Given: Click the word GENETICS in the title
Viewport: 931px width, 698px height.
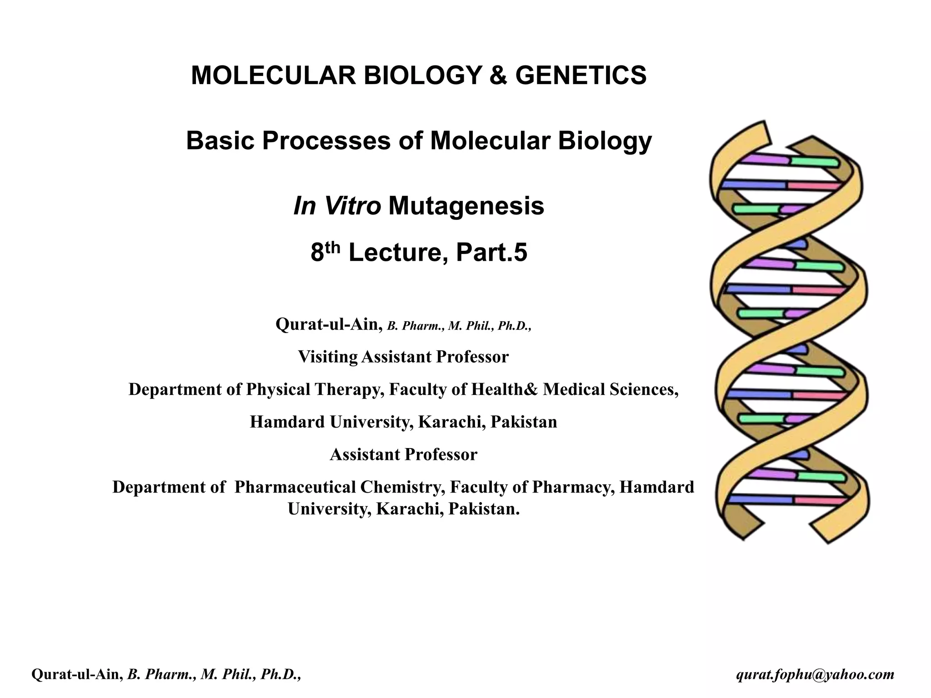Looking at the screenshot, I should [581, 75].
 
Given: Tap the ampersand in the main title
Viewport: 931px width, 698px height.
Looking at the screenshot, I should [498, 75].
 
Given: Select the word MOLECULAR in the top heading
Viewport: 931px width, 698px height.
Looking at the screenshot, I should [273, 75].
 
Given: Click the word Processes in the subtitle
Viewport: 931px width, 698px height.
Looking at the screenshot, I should [326, 141].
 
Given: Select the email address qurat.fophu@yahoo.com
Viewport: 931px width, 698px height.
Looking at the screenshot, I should [815, 675].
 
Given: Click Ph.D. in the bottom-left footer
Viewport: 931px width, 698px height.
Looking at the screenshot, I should [284, 675].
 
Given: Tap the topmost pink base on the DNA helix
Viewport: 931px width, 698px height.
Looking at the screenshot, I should [814, 185].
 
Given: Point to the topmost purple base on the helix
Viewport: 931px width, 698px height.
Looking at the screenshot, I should [766, 160].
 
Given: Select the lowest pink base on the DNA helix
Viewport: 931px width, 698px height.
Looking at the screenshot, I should [821, 501].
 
